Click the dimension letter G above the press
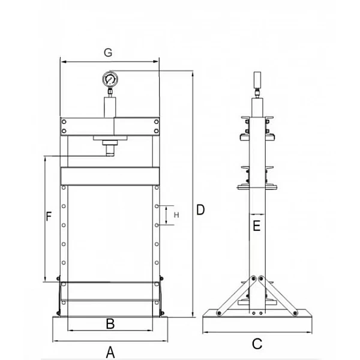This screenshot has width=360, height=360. coord(108,53)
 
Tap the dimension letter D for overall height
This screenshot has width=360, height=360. coord(200,209)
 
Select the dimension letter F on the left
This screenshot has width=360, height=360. coord(49,216)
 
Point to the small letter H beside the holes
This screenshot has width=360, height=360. coord(176,215)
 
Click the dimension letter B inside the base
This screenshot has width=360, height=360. coord(110,324)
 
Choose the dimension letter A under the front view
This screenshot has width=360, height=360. coord(110,352)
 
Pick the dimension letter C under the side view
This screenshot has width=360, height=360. coord(257,344)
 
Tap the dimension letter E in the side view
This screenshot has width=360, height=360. coord(256,226)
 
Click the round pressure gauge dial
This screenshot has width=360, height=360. coord(110,79)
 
